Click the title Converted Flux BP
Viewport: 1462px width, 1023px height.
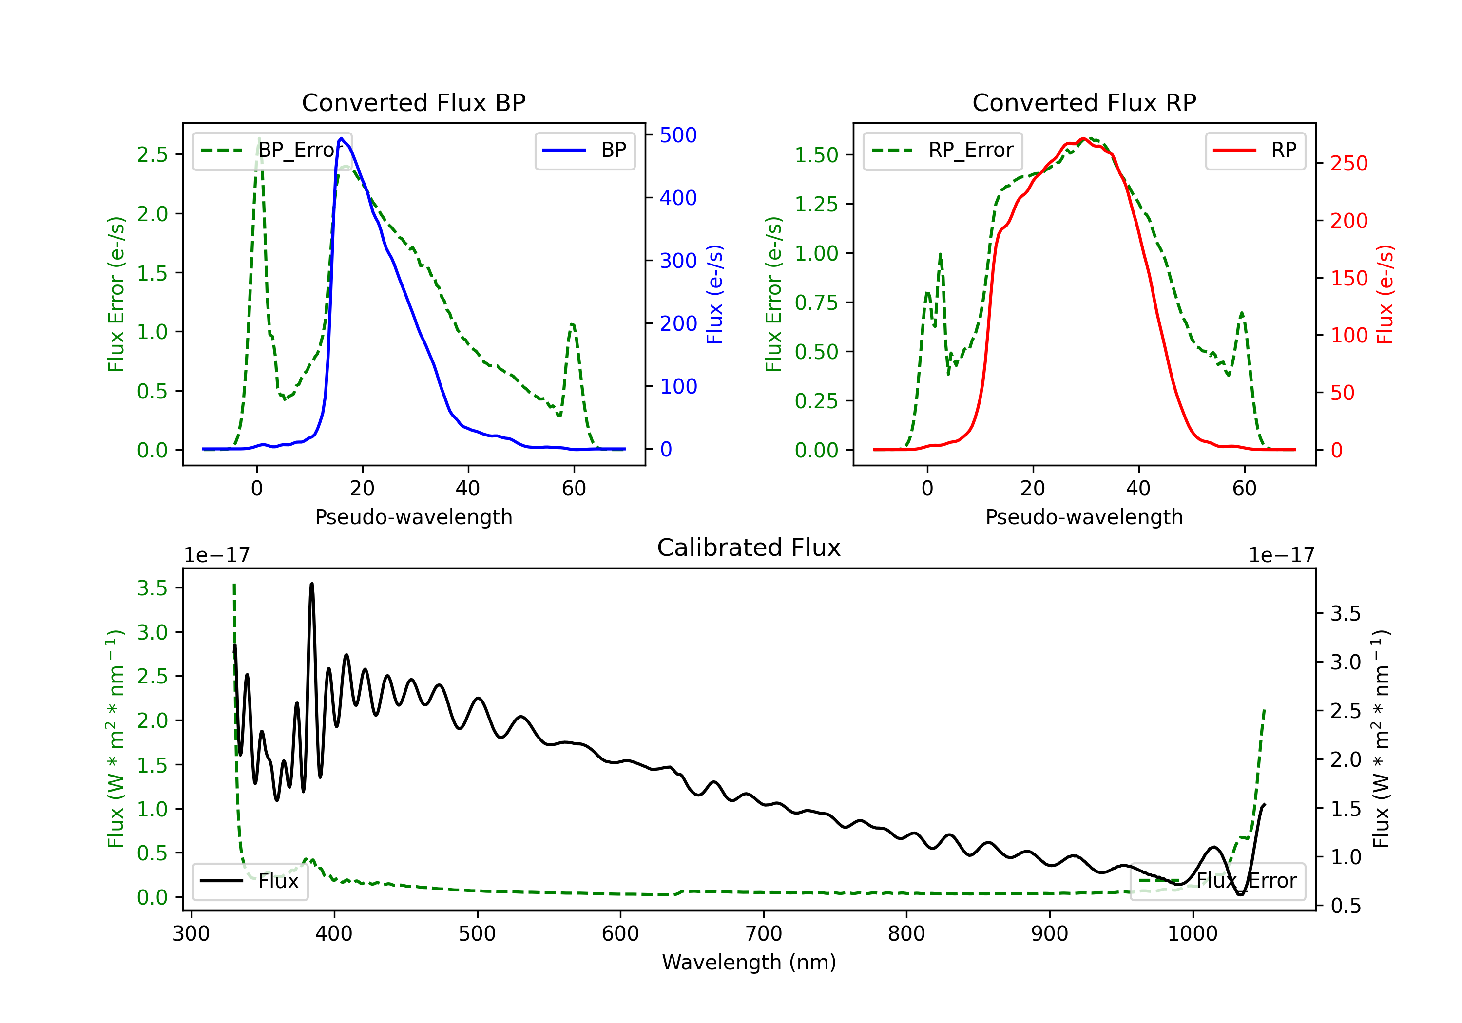coord(413,102)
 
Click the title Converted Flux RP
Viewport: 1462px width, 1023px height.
coord(1084,102)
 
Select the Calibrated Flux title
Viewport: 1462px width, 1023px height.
coord(749,548)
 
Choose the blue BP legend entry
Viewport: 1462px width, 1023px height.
coord(584,150)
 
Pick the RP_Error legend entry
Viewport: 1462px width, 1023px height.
coord(943,150)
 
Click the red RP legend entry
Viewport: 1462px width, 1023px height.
coord(1254,150)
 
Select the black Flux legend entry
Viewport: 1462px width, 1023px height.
coord(250,881)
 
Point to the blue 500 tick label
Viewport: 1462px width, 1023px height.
coord(678,135)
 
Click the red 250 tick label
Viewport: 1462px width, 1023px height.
coord(1348,164)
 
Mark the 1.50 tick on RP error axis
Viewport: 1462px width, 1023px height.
coord(816,155)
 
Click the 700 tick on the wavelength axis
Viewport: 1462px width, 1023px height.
coord(764,934)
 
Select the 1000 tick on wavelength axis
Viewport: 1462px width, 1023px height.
coord(1193,934)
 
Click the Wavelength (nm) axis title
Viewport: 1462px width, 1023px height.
coord(749,962)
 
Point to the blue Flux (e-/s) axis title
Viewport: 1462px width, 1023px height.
coord(714,294)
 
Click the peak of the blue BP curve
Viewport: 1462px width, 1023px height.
coord(341,138)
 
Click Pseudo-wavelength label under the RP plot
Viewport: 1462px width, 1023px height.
coord(1084,517)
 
